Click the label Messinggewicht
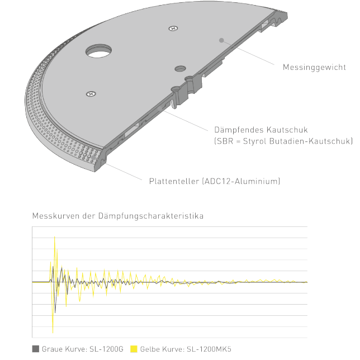[x=314, y=67]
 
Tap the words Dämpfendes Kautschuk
[x=261, y=130]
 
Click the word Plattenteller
[x=174, y=181]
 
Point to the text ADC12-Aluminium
[x=241, y=181]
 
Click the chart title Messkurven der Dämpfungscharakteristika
[x=118, y=216]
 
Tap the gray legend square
[x=36, y=349]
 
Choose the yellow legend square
[x=134, y=349]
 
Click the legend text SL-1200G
[x=106, y=349]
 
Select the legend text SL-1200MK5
[x=209, y=349]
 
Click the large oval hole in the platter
[x=99, y=51]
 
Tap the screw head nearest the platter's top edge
[x=173, y=29]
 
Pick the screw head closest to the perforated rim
[x=91, y=94]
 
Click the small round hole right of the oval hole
[x=180, y=69]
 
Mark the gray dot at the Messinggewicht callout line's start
[x=221, y=40]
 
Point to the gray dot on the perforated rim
[x=93, y=158]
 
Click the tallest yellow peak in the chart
[x=54, y=236]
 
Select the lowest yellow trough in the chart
[x=53, y=332]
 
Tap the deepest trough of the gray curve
[x=55, y=312]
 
